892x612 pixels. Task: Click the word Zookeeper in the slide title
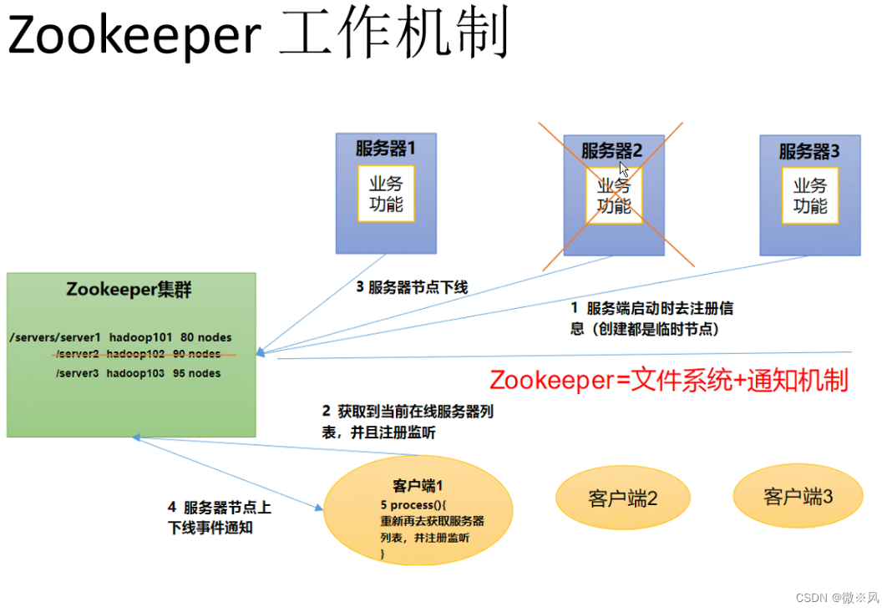[134, 36]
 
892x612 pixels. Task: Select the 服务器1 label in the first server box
[385, 149]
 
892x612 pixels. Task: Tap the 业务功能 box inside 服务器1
[386, 194]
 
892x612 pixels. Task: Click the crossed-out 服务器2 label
[612, 151]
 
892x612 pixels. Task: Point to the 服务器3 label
[809, 151]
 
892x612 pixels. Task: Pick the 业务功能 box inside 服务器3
[809, 195]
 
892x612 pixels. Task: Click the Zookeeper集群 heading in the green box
[129, 291]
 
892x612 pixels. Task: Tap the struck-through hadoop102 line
[139, 355]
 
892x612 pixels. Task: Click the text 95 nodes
[197, 373]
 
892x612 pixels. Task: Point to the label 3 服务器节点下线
[412, 287]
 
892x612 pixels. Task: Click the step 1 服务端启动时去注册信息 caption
[651, 318]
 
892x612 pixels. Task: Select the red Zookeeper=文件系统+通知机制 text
[668, 380]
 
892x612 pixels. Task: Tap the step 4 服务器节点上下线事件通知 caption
[220, 517]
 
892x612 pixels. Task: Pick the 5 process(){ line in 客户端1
[414, 505]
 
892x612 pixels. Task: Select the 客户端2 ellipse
[623, 498]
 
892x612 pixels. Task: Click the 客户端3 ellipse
[798, 497]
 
